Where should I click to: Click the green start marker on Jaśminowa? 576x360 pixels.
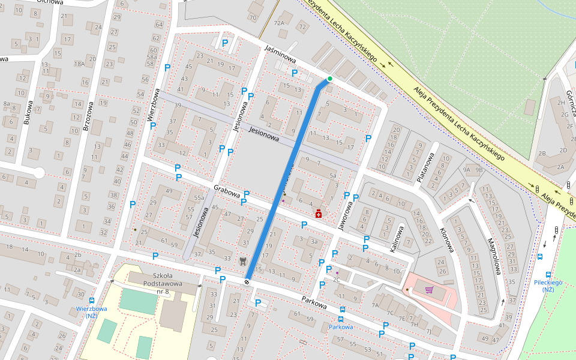tap(329, 79)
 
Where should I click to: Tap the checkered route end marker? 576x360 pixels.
tap(247, 281)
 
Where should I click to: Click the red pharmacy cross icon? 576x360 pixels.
tap(318, 214)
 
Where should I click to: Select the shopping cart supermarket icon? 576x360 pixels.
tap(429, 290)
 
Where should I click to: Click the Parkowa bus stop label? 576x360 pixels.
tap(340, 327)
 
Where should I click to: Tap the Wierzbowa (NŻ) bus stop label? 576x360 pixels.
tap(91, 313)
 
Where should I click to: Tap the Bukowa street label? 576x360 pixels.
tap(26, 112)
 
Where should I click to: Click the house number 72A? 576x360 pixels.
tap(279, 23)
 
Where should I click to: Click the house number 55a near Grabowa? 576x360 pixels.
tap(199, 197)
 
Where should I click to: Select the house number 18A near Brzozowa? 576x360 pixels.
tap(79, 64)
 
